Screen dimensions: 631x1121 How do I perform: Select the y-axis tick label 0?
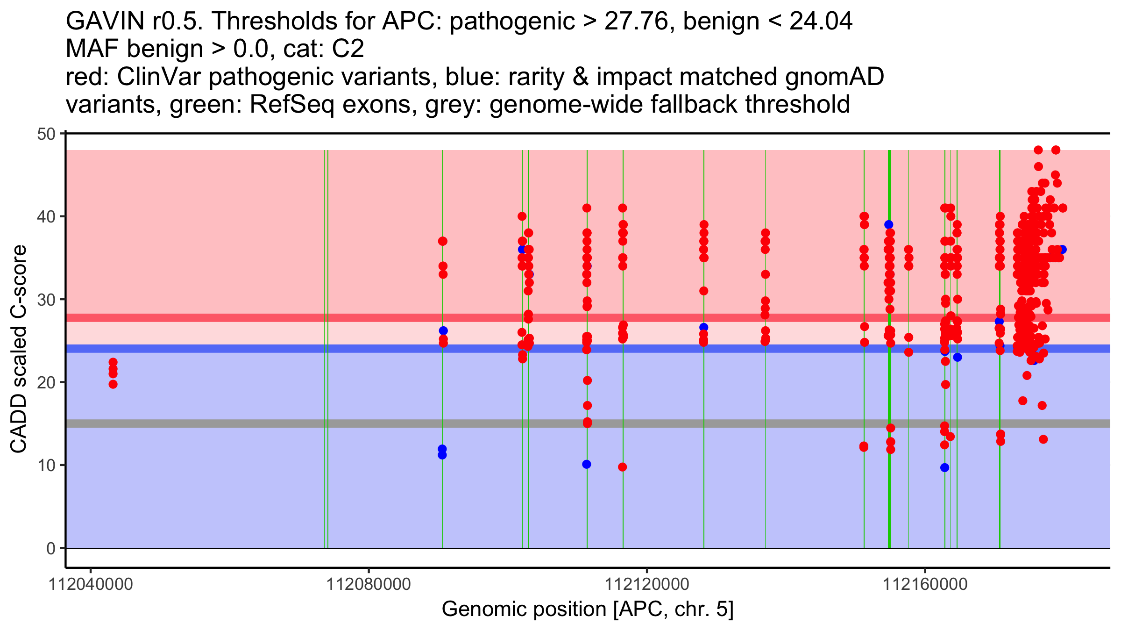(x=50, y=548)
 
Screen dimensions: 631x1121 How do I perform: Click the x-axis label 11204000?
(x=91, y=584)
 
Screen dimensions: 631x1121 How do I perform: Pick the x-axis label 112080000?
(x=369, y=584)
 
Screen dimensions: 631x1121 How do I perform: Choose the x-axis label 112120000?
(x=647, y=584)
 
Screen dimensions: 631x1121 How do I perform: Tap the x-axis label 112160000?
(x=925, y=584)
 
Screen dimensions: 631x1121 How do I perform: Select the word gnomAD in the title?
(x=834, y=77)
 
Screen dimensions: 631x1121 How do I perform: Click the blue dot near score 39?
(x=888, y=225)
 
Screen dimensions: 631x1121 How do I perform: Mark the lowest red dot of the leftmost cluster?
(x=113, y=384)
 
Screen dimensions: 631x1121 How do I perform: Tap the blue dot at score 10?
(x=587, y=464)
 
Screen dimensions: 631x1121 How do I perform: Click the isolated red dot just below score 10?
(x=622, y=467)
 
